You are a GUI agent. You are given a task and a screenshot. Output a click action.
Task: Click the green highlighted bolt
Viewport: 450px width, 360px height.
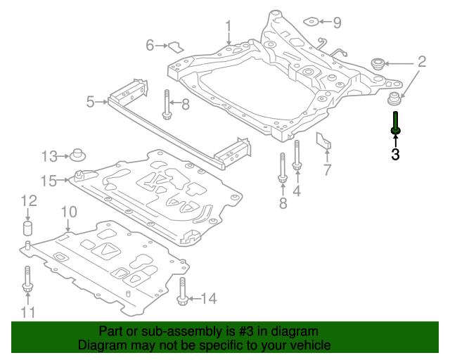(396, 123)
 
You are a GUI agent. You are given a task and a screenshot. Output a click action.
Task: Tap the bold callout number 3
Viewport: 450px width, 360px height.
(395, 154)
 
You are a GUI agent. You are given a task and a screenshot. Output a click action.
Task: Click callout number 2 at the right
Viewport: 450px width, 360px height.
(421, 62)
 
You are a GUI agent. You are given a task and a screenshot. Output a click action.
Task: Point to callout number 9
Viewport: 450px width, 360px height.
(337, 22)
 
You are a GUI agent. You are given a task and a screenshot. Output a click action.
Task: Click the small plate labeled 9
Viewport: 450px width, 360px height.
(316, 22)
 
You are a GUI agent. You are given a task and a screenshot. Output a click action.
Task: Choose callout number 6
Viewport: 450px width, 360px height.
(150, 46)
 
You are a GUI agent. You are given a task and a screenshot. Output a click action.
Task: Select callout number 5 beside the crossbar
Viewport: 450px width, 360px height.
(91, 103)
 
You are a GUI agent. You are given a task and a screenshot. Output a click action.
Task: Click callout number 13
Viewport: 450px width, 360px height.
(50, 155)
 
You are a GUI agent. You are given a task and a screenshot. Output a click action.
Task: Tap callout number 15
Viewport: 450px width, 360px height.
(49, 181)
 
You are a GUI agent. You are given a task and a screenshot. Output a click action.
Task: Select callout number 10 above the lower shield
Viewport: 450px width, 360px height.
(68, 211)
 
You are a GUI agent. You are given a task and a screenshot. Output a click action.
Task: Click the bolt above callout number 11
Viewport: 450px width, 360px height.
(27, 278)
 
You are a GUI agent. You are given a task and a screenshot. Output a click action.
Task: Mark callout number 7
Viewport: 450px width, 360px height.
(326, 169)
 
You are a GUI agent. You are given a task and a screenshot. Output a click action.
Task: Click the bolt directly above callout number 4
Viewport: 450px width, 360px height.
(297, 157)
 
